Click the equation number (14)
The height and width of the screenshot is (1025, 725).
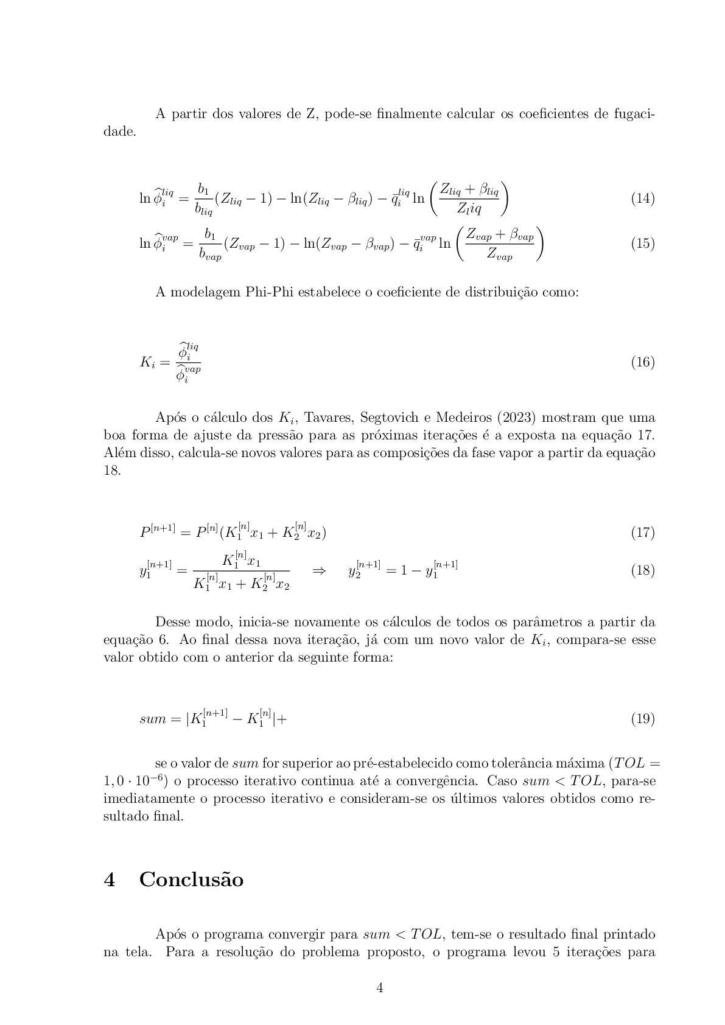pyautogui.click(x=642, y=198)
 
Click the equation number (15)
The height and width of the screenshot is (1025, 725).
pyautogui.click(x=642, y=243)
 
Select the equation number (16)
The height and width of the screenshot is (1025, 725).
pyautogui.click(x=642, y=362)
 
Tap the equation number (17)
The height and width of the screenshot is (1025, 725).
pyautogui.click(x=642, y=533)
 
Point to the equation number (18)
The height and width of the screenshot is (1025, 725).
pyautogui.click(x=642, y=570)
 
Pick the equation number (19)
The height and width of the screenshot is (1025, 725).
pyautogui.click(x=642, y=719)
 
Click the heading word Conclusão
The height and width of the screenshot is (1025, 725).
pyautogui.click(x=191, y=880)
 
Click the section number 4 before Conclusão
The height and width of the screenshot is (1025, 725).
pyautogui.click(x=110, y=880)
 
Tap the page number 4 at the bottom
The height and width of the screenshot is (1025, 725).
pyautogui.click(x=379, y=988)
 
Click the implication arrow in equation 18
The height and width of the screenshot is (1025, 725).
pyautogui.click(x=319, y=570)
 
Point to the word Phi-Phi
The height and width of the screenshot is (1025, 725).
pyautogui.click(x=271, y=292)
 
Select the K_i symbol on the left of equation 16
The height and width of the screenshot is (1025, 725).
pyautogui.click(x=149, y=362)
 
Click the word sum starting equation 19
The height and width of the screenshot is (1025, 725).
pyautogui.click(x=152, y=719)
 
